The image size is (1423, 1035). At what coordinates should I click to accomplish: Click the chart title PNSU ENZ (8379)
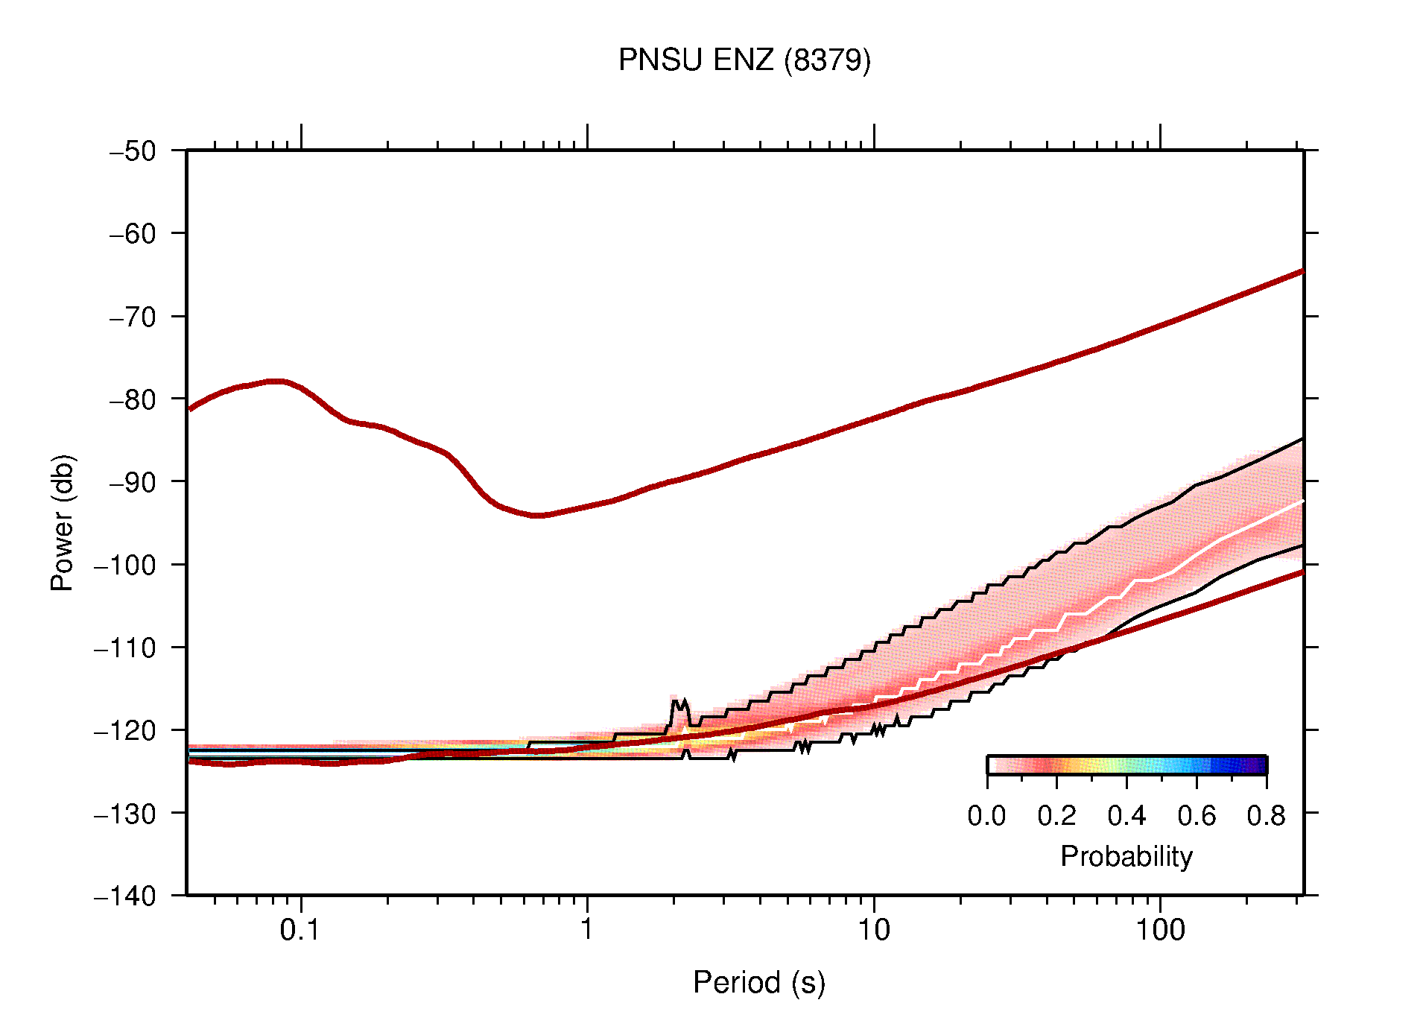point(744,60)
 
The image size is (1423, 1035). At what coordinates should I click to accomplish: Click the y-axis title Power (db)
point(63,522)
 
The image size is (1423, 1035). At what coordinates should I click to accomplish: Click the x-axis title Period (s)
point(758,982)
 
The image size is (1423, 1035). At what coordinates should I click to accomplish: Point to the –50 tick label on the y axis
point(133,151)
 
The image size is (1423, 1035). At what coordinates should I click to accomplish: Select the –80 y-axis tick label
point(133,399)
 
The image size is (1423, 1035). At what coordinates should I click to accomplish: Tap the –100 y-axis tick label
point(125,565)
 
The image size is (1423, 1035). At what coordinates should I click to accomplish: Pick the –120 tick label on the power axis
point(125,730)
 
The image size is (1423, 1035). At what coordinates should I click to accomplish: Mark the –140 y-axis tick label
point(125,896)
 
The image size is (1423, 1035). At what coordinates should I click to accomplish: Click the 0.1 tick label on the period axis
point(300,930)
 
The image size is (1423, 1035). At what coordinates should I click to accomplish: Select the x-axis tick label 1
point(587,930)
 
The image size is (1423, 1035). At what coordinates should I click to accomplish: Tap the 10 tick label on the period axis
point(873,930)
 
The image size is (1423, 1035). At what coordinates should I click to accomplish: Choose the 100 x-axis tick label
point(1160,930)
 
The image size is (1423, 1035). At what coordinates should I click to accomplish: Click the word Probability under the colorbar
point(1126,856)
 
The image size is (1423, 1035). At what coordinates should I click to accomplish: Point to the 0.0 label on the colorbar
point(986,816)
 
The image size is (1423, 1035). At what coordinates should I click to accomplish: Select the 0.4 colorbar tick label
point(1126,816)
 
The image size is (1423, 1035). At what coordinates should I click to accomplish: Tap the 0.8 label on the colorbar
point(1266,816)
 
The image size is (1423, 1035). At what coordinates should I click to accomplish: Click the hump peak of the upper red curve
point(276,382)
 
